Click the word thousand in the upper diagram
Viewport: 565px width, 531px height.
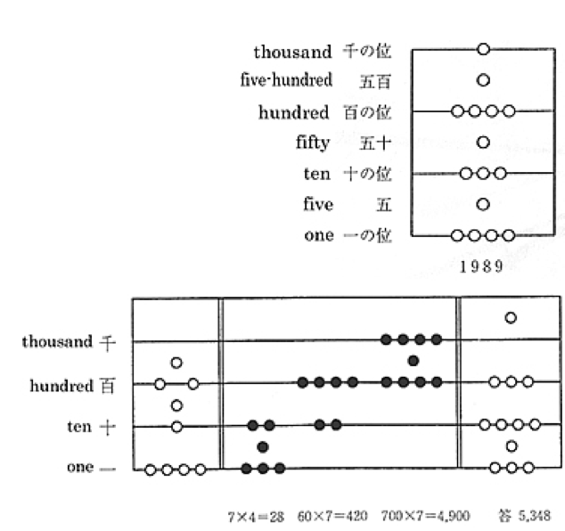(x=292, y=52)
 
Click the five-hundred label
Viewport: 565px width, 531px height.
(x=286, y=80)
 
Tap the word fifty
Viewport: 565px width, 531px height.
(x=312, y=142)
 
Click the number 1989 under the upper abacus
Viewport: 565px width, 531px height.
(x=481, y=265)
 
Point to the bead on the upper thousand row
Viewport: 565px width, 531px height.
(x=483, y=50)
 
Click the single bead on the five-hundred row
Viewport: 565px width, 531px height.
(x=483, y=80)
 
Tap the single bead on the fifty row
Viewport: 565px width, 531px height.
(x=483, y=142)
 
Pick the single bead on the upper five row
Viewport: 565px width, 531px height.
(x=483, y=204)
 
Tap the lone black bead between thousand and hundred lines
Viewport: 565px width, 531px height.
(x=413, y=361)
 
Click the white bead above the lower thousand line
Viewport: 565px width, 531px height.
(x=511, y=317)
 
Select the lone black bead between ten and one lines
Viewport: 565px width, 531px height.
(x=262, y=446)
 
